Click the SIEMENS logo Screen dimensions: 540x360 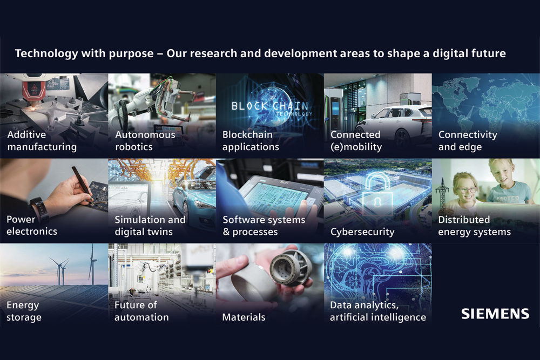(x=495, y=314)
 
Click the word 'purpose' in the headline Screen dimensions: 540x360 (x=131, y=53)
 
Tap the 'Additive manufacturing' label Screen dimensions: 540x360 (x=42, y=141)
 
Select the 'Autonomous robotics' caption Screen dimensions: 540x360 (x=145, y=141)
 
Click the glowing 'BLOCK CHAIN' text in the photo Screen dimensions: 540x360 (x=269, y=106)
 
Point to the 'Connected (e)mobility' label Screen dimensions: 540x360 (x=356, y=141)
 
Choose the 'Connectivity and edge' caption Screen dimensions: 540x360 (x=468, y=141)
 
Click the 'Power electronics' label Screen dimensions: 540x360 (x=32, y=226)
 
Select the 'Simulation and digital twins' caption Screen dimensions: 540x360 (x=150, y=226)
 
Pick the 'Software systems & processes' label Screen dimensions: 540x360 (x=264, y=226)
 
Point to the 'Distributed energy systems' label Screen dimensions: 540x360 (x=474, y=226)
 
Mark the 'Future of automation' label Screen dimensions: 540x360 (x=141, y=311)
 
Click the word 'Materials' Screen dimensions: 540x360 (x=244, y=317)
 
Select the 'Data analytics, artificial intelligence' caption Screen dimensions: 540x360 (x=378, y=311)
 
